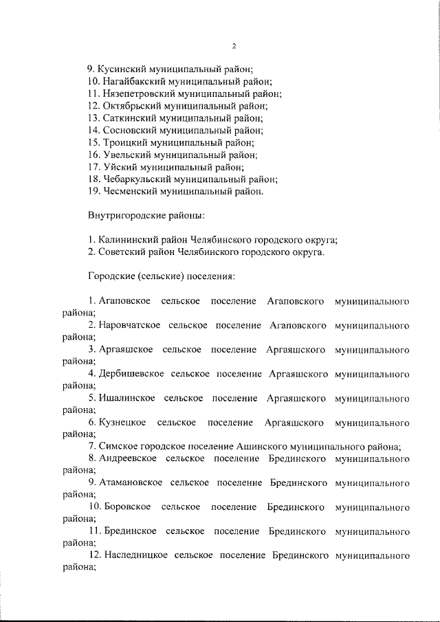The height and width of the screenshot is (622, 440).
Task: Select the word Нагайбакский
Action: click(134, 81)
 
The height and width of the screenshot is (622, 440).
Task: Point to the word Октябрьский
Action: click(129, 106)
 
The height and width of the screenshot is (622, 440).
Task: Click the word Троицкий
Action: click(123, 142)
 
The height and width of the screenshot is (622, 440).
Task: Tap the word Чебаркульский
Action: click(136, 179)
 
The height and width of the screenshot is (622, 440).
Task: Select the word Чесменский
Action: click(129, 191)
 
